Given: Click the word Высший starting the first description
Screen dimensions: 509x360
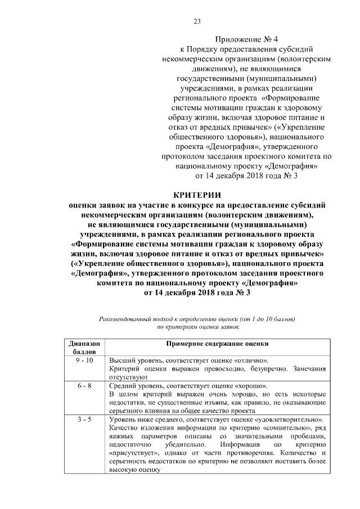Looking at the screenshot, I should pos(121,360).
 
